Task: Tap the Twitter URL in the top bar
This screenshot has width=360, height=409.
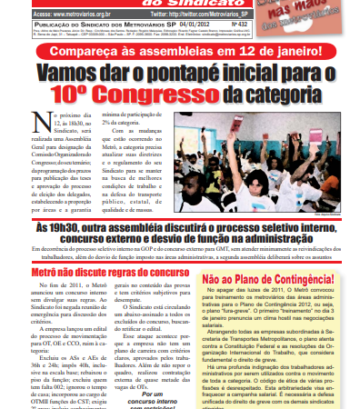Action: click(x=218, y=15)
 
